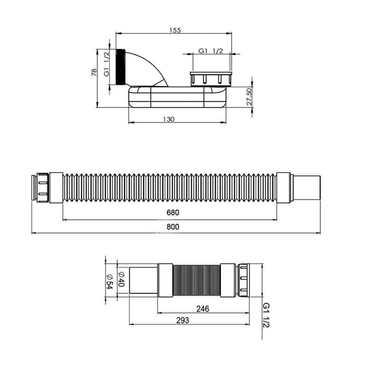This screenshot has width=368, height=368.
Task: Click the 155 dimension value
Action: [175, 30]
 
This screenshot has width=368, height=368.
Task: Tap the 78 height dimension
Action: [94, 72]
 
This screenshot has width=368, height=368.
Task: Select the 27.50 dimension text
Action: [249, 96]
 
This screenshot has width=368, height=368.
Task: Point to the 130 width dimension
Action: [169, 119]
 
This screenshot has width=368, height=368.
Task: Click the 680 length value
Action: [173, 213]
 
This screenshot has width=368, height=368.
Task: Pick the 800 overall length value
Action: [173, 227]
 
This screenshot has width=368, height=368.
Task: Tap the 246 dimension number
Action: [202, 309]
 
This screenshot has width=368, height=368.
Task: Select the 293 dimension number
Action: [183, 320]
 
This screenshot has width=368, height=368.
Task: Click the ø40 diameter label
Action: [121, 279]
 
